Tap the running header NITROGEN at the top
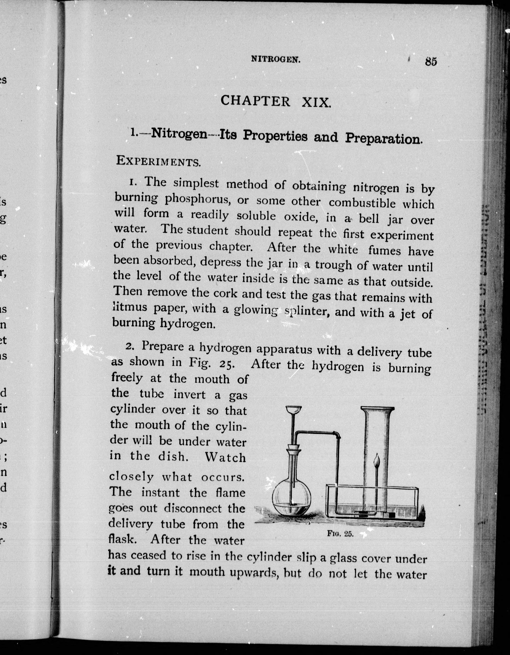276,60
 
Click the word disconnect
192,508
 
